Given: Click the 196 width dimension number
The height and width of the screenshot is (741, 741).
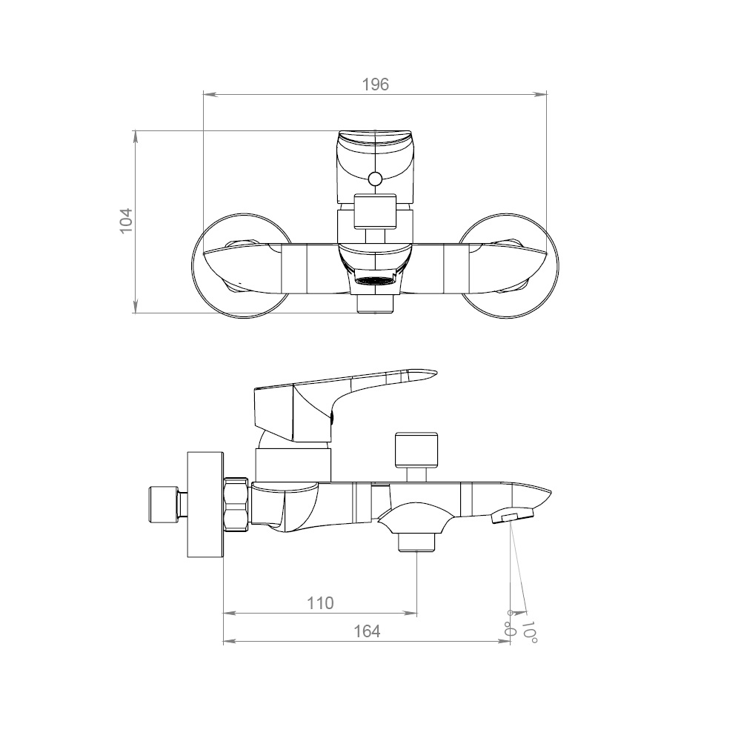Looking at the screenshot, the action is pyautogui.click(x=375, y=84).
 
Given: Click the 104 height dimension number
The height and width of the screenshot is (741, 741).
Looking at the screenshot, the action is pyautogui.click(x=126, y=220).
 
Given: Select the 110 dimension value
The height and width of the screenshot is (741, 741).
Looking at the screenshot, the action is pyautogui.click(x=320, y=603).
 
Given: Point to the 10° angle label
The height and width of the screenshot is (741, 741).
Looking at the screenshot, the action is pyautogui.click(x=529, y=632).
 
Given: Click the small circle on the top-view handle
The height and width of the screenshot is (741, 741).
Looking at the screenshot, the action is pyautogui.click(x=375, y=179).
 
